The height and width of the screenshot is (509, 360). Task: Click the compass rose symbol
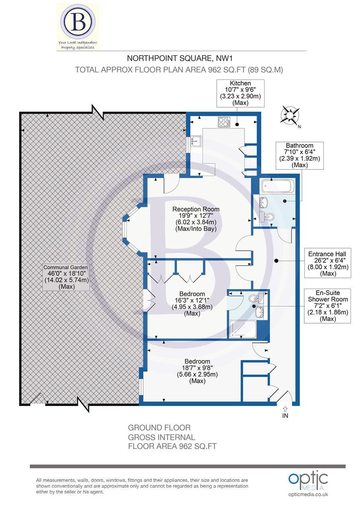point(290,116)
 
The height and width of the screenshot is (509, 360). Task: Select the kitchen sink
point(196,141)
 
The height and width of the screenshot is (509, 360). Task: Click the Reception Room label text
point(195,219)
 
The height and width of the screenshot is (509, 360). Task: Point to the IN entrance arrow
point(285,412)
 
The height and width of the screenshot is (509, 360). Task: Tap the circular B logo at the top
point(78,22)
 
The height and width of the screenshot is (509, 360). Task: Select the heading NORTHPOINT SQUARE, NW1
point(180,59)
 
